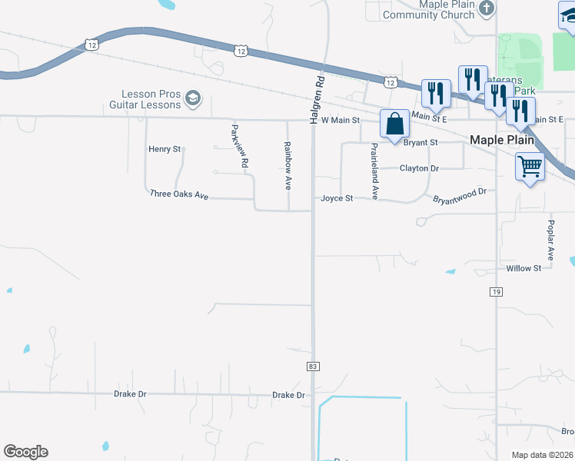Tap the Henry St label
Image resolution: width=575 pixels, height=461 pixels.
click(165, 149)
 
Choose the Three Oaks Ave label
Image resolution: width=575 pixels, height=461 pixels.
click(180, 195)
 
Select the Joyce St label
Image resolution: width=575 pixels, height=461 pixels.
click(337, 198)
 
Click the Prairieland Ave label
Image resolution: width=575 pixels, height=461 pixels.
click(374, 171)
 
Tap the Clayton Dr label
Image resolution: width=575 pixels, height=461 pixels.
click(419, 168)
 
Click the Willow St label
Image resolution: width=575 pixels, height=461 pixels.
click(524, 268)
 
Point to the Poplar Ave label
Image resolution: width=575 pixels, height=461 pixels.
click(551, 240)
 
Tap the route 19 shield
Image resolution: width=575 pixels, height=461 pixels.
click(496, 292)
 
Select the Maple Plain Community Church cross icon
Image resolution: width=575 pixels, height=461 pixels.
click(485, 8)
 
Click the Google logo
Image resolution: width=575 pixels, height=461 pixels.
click(25, 452)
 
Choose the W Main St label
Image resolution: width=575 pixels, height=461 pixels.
click(341, 120)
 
